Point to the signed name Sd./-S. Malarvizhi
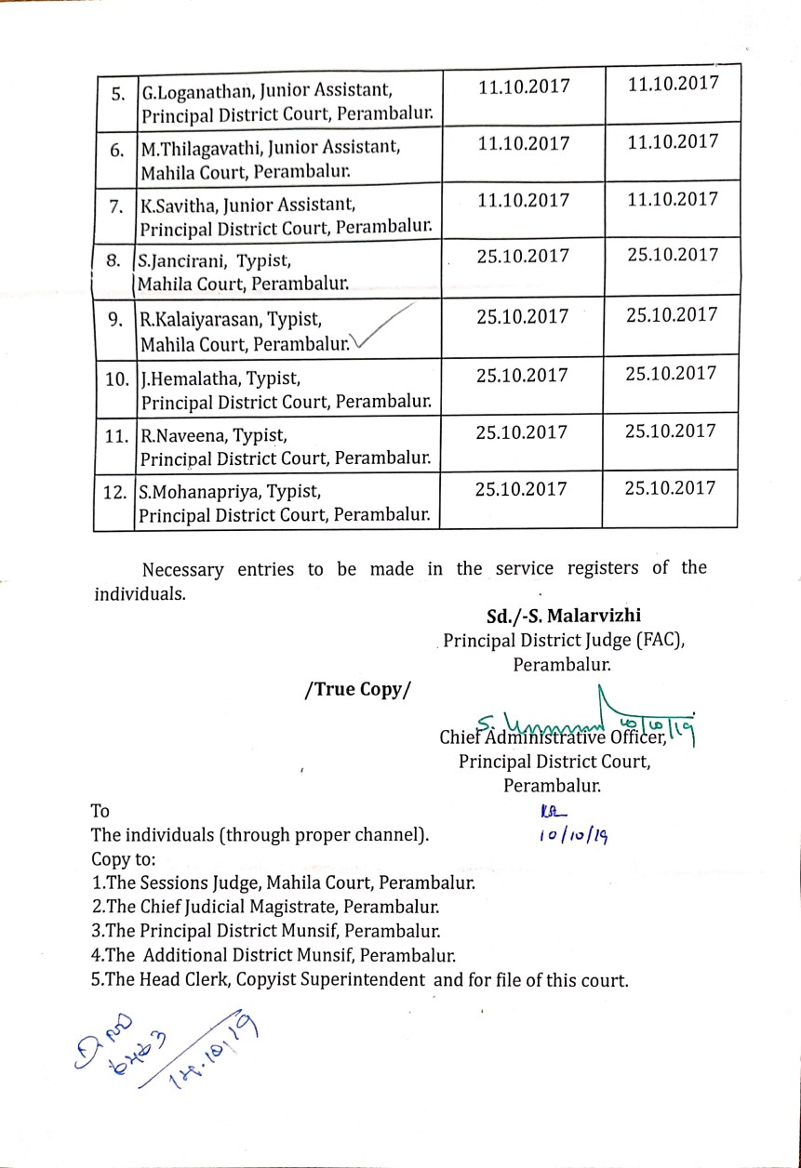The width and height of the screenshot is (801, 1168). [x=564, y=616]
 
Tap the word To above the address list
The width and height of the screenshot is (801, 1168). [x=100, y=811]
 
